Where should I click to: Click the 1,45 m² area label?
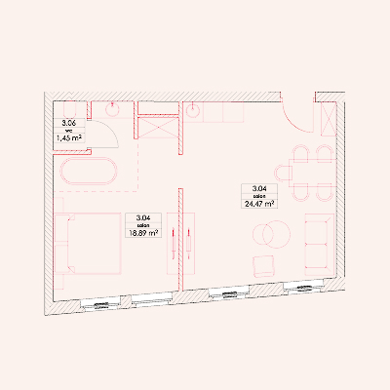pos(69,138)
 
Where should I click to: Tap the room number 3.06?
pos(69,123)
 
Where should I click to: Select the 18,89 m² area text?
pos(143,233)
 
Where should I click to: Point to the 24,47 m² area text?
pos(259,204)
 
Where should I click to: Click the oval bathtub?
pos(89,172)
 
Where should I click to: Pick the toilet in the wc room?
pos(70,110)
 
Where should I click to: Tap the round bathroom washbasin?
pos(112,109)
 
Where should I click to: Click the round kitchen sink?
pos(193,111)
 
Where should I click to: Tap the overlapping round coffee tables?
pos(272,234)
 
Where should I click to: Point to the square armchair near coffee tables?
pos(264,265)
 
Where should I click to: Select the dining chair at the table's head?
pos(282,174)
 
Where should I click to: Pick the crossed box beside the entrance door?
pos(329,119)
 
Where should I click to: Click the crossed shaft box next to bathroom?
pos(158,128)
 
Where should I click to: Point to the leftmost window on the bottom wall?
pos(100,304)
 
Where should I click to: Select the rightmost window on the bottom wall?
pos(304,287)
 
